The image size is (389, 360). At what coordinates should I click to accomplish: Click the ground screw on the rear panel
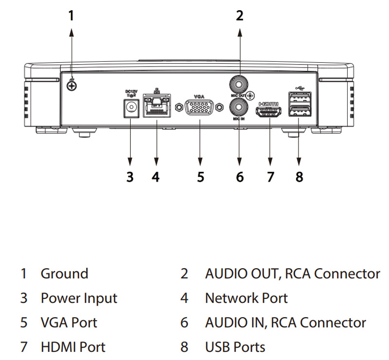point(72,86)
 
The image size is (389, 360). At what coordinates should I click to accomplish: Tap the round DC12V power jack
point(130,108)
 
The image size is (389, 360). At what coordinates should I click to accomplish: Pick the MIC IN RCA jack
point(239,106)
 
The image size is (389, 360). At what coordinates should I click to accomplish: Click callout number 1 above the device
point(71,16)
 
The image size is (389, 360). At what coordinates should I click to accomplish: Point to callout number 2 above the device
point(239,16)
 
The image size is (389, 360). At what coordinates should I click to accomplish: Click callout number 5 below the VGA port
point(200,176)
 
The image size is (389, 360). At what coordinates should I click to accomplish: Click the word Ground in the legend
point(64,274)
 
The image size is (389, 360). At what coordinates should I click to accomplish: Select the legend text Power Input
point(79,298)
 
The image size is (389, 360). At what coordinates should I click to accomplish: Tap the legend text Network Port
point(246,298)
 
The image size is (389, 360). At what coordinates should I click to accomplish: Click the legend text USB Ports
point(235,347)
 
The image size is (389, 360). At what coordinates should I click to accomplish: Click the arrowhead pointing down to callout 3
point(130,162)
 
